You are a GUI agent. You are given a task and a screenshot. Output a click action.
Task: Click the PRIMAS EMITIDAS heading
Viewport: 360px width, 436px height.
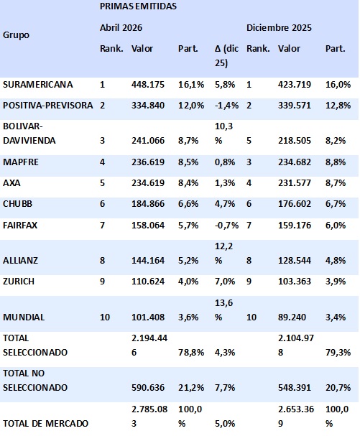tap(138, 6)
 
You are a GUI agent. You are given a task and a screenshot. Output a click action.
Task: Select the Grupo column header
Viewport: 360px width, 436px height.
tap(16, 35)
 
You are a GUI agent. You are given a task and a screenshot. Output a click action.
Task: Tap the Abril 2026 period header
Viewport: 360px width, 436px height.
tap(121, 28)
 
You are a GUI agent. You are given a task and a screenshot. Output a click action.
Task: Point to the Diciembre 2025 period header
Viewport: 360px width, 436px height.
tap(279, 28)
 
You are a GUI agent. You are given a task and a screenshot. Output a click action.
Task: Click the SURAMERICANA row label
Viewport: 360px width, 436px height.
tap(38, 85)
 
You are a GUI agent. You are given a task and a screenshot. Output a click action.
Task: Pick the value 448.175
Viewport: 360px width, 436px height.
tap(148, 85)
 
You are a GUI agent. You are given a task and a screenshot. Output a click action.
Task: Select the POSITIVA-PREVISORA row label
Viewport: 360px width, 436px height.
tap(48, 106)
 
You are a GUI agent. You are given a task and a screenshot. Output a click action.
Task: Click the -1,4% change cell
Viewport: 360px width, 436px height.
tap(226, 106)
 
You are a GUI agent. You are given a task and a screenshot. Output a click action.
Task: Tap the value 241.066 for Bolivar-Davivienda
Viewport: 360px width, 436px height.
tap(148, 140)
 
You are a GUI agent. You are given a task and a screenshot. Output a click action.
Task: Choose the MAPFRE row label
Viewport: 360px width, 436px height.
tap(21, 162)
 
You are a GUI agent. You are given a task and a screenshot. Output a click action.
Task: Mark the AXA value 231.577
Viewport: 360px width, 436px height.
tap(295, 183)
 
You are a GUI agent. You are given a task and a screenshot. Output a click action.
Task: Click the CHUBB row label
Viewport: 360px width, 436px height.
tap(17, 204)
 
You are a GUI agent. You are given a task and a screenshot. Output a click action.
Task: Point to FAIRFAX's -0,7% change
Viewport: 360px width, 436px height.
tap(226, 226)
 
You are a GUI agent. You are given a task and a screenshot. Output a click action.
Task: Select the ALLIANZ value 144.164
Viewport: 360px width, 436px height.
tap(148, 261)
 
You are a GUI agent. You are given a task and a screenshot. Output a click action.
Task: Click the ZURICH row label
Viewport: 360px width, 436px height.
tap(19, 282)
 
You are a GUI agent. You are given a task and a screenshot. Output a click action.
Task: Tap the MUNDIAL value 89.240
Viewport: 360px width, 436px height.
tap(292, 317)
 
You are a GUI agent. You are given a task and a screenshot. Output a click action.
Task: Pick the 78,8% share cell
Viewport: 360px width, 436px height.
tap(191, 352)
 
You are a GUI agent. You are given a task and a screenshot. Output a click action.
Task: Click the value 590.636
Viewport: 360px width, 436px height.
tap(148, 388)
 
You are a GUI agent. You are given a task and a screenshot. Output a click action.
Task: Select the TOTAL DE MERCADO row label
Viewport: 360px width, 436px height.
tap(45, 424)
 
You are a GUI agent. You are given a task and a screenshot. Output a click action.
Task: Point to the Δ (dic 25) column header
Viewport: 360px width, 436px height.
tap(226, 55)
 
